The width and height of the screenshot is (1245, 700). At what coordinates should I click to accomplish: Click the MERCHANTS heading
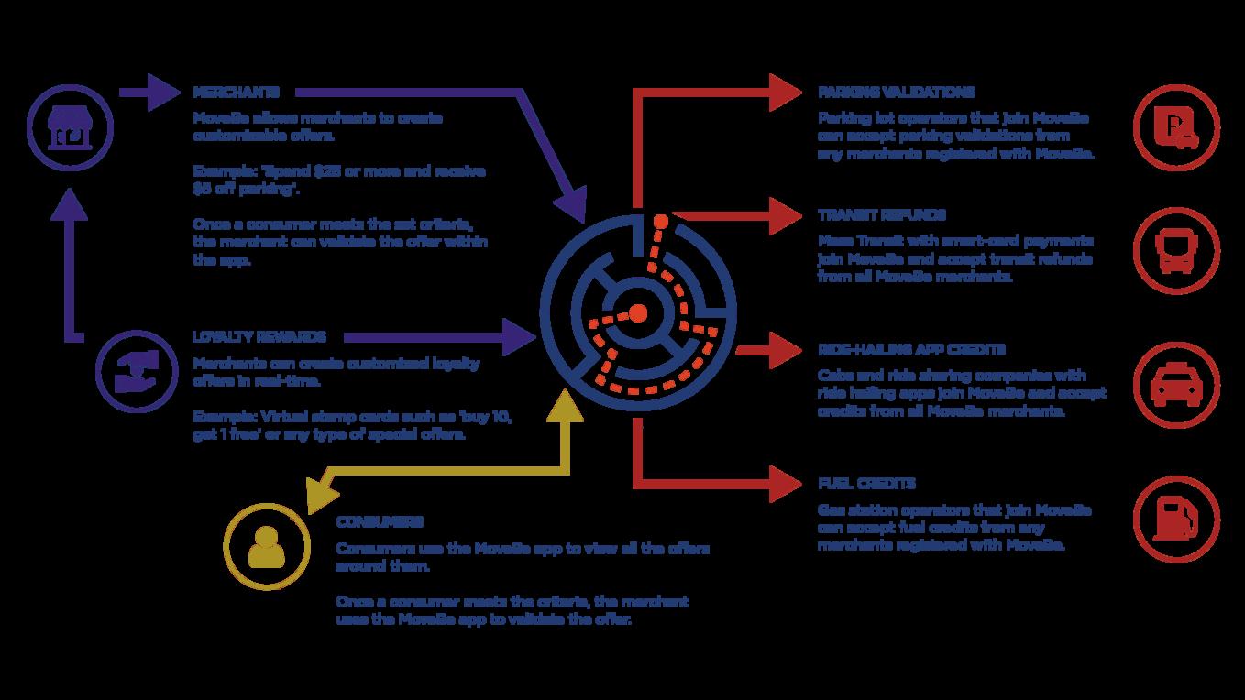click(236, 93)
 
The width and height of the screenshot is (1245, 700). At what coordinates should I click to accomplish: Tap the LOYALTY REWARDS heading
click(259, 337)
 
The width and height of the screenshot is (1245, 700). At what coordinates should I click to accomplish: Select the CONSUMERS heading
click(380, 521)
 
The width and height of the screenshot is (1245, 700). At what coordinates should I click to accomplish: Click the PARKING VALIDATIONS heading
click(896, 93)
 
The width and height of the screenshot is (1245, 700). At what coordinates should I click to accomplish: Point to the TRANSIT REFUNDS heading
click(882, 215)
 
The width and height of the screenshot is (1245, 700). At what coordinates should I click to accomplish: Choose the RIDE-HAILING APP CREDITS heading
click(911, 350)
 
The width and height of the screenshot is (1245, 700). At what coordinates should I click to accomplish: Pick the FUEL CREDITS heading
click(866, 484)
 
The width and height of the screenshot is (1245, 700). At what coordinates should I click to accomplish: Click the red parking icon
click(1177, 126)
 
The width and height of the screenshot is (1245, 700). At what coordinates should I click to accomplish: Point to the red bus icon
click(1177, 249)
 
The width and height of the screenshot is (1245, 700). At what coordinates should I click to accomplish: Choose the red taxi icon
click(1177, 384)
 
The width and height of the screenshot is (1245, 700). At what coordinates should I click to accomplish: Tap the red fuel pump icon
click(1177, 518)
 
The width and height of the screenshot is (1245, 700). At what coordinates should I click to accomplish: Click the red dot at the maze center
click(638, 313)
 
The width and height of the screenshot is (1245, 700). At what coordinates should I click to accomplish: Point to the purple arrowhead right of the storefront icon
click(163, 93)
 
